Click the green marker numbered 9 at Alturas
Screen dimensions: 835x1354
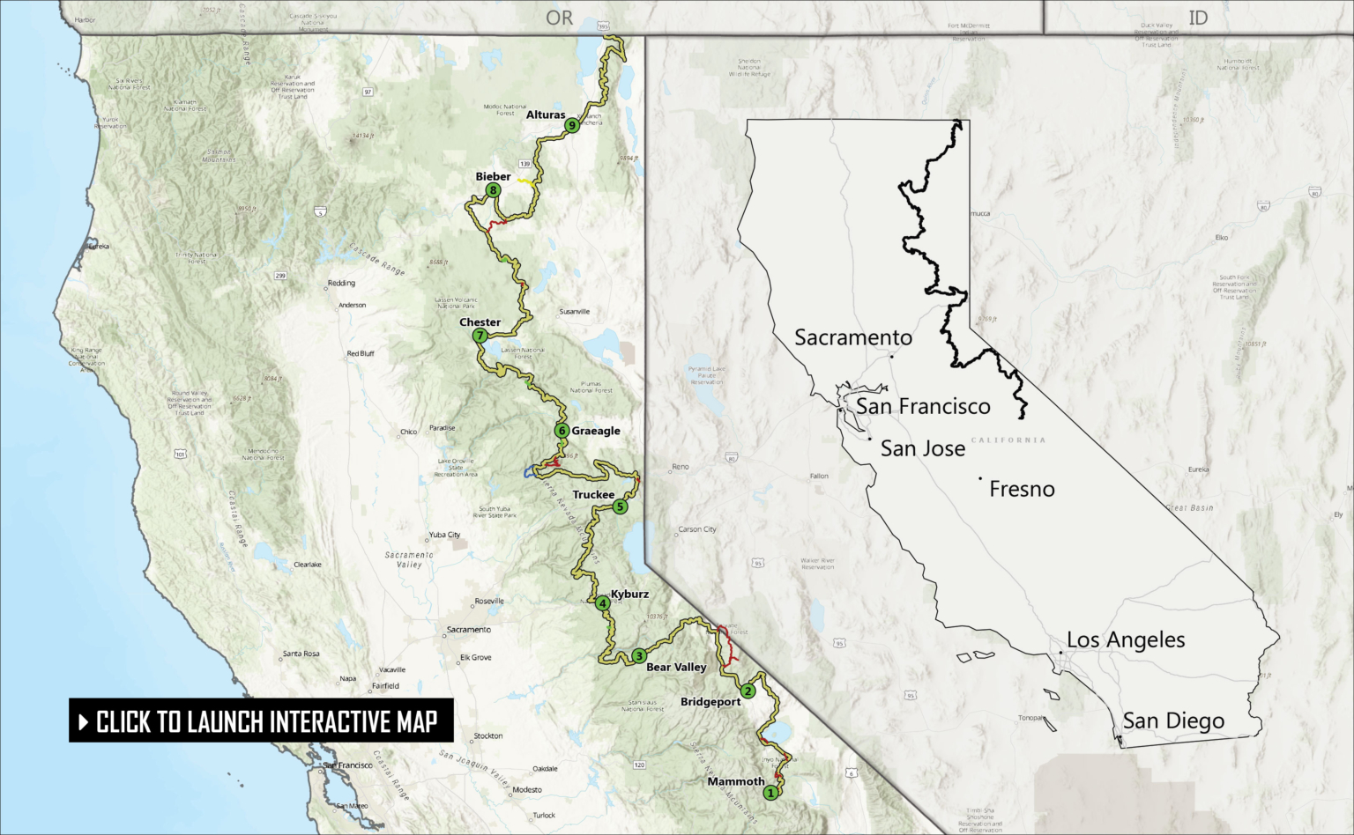[571, 125]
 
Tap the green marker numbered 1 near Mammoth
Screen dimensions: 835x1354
[770, 793]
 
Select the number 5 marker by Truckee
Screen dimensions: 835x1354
[621, 506]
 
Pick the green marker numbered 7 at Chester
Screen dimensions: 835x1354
[480, 336]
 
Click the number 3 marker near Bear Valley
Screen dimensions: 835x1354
[639, 656]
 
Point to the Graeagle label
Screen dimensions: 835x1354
[596, 431]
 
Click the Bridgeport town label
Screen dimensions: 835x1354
[710, 702]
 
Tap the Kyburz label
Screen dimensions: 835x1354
[629, 594]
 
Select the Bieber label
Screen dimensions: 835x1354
[493, 176]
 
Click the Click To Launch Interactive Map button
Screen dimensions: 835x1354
[261, 721]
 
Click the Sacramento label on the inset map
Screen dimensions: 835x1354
[852, 337]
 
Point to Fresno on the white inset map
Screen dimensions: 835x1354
[1022, 489]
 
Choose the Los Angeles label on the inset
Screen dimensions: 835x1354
[1126, 639]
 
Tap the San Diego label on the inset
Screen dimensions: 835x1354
[1173, 720]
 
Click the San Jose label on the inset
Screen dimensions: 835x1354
[922, 448]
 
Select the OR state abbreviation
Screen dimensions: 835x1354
[559, 18]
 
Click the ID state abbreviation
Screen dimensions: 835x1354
[1198, 18]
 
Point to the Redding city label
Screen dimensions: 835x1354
[341, 283]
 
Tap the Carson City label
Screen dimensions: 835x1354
[696, 529]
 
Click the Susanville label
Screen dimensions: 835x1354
[574, 312]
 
